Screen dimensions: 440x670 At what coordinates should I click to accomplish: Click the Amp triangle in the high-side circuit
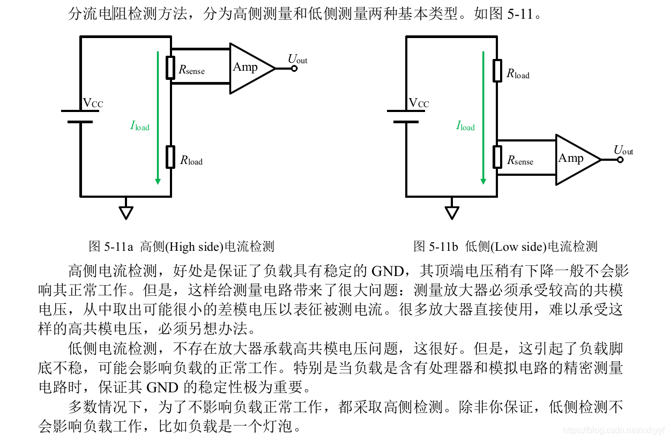[x=248, y=68]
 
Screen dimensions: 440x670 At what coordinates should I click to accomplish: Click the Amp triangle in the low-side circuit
[x=574, y=159]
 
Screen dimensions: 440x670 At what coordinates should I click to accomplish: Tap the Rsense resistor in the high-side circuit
[x=170, y=68]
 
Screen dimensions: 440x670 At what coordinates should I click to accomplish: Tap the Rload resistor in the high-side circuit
[x=170, y=156]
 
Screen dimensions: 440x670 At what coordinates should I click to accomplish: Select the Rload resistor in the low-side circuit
[x=497, y=70]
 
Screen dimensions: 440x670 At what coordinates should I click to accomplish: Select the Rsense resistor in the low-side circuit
[x=497, y=158]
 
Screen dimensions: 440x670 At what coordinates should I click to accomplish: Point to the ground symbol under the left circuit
[x=126, y=212]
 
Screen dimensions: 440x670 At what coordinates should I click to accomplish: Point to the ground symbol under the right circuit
[x=452, y=212]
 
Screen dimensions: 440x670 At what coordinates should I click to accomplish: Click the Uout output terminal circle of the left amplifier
[x=294, y=68]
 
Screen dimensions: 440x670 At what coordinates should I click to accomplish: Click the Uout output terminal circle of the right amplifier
[x=620, y=159]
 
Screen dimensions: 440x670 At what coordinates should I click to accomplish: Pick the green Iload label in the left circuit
[x=140, y=126]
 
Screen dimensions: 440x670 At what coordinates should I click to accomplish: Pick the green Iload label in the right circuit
[x=466, y=126]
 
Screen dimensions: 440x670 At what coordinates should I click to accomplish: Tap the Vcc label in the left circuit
[x=93, y=103]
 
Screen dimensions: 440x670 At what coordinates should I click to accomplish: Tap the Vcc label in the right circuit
[x=419, y=103]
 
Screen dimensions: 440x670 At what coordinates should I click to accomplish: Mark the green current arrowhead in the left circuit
[x=158, y=180]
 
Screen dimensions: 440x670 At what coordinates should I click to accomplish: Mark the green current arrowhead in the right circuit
[x=483, y=180]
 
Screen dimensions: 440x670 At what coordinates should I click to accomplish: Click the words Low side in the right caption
[x=517, y=247]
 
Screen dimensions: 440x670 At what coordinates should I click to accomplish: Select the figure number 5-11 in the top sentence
[x=520, y=14]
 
